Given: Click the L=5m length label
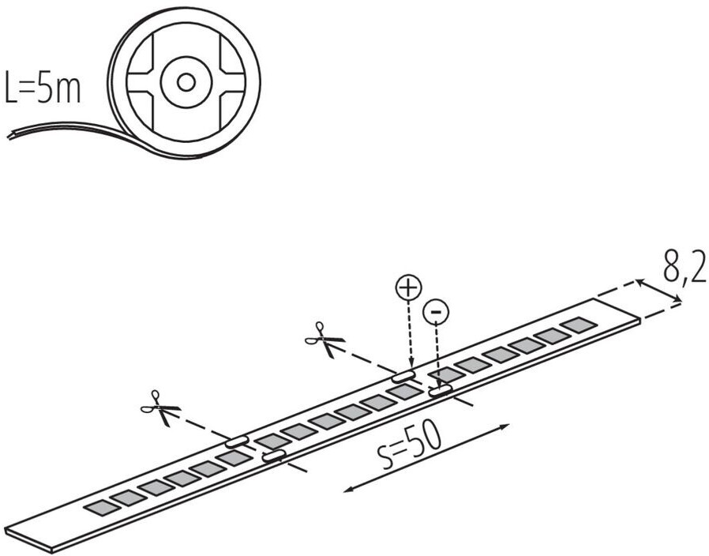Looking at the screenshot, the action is pos(43,89).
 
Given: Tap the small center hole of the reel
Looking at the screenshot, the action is pos(186,81).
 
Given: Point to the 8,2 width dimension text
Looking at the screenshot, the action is pos(684,267).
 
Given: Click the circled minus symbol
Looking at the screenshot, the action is pos(436,313).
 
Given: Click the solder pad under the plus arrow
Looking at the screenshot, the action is pos(403,376).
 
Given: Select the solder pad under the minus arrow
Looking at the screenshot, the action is pos(440,390).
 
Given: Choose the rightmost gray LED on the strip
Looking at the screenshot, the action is pos(579,325).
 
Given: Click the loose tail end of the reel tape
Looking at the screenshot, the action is pos(16,133).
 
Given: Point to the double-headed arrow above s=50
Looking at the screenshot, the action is pos(426,459).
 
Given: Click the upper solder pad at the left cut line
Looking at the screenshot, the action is pos(237,441).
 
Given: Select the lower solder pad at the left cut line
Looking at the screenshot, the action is pos(273,455).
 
